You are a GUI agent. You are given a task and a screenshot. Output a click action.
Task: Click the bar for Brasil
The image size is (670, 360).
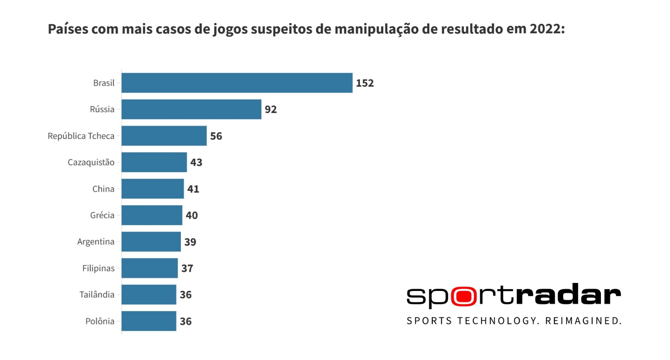pyautogui.click(x=237, y=83)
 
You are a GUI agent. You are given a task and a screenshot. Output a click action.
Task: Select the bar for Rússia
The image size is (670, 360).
pyautogui.click(x=191, y=109)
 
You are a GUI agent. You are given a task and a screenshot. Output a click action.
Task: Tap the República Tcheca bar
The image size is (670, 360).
pyautogui.click(x=164, y=136)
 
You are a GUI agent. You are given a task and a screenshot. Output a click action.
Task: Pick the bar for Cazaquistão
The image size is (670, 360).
pyautogui.click(x=154, y=162)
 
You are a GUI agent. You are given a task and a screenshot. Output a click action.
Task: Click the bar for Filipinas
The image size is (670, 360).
pyautogui.click(x=149, y=268)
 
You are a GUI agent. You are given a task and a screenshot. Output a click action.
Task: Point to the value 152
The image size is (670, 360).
pyautogui.click(x=365, y=83)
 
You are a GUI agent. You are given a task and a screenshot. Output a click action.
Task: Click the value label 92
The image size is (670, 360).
pyautogui.click(x=271, y=109)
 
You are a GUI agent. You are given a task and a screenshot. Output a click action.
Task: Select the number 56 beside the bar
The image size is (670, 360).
pyautogui.click(x=216, y=136)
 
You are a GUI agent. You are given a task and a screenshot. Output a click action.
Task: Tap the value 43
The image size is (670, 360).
pyautogui.click(x=196, y=162)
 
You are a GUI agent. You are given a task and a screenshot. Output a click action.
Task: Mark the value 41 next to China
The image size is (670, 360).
pyautogui.click(x=193, y=189)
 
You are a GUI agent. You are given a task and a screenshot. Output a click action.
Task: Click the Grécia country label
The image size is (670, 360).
pyautogui.click(x=102, y=215)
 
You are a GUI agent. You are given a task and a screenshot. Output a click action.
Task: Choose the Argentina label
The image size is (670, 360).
pyautogui.click(x=95, y=242)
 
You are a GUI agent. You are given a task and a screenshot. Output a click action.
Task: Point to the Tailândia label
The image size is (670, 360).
pyautogui.click(x=97, y=294)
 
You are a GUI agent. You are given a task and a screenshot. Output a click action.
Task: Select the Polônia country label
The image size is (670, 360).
pyautogui.click(x=100, y=321)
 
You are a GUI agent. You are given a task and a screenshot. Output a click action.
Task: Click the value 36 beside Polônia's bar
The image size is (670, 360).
pyautogui.click(x=186, y=321)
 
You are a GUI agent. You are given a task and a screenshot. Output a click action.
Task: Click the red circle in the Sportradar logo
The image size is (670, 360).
pyautogui.click(x=464, y=296)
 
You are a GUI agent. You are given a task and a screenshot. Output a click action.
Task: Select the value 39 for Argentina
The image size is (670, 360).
pyautogui.click(x=190, y=242)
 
